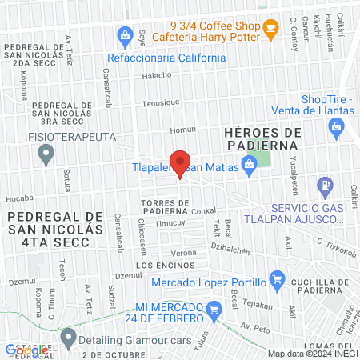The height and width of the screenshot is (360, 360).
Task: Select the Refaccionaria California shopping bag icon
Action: coord(125,36)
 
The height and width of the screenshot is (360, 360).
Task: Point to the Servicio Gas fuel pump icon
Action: coord(325,186)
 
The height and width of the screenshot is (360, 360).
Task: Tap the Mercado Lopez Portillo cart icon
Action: coord(277,279)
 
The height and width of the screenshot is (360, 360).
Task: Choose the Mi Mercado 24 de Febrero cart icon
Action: coord(213,309)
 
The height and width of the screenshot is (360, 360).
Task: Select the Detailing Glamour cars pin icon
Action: coord(69,338)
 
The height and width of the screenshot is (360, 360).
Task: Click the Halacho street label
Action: coord(157,76)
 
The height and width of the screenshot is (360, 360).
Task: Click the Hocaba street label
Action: coord(19,198)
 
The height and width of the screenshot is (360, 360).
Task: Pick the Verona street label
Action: coord(184,253)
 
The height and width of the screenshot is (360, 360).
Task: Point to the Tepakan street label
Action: coord(258,305)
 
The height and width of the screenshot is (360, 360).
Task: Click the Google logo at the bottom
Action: coord(26,350)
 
